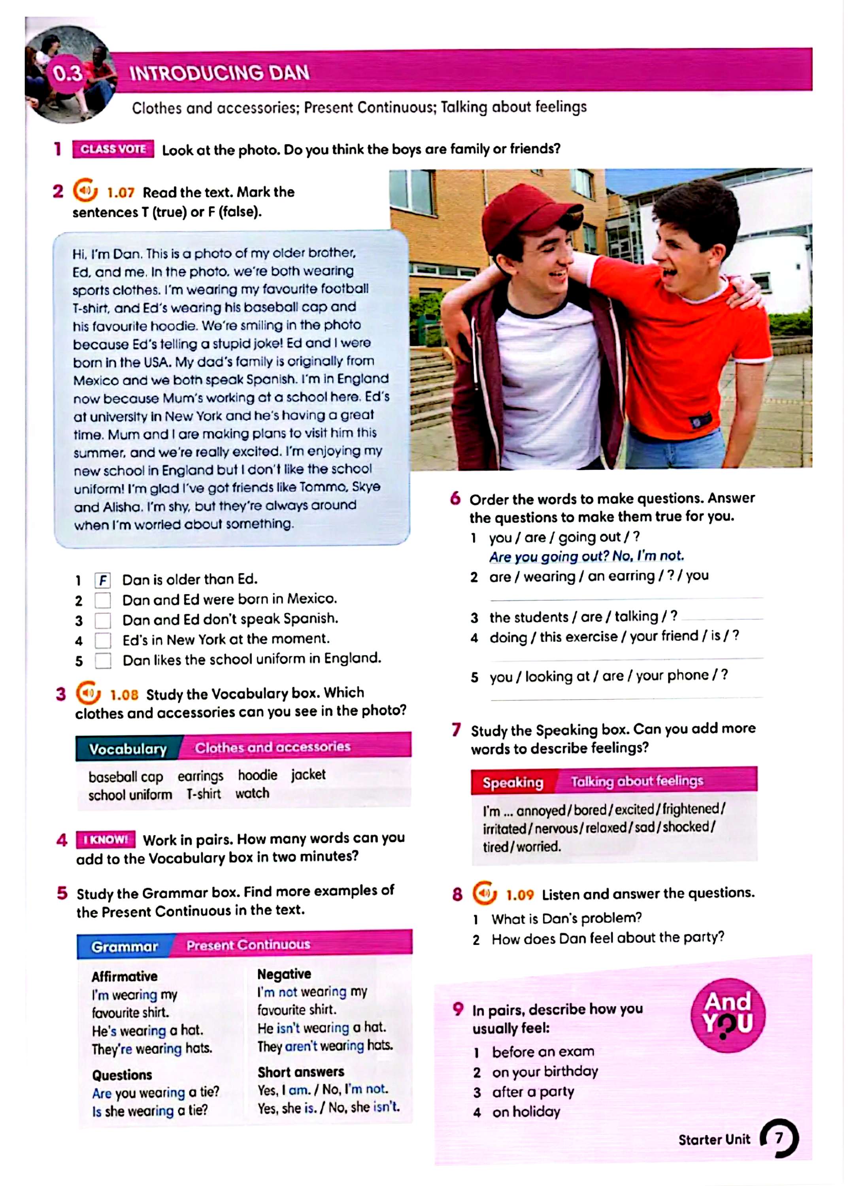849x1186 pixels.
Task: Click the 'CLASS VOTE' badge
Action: (113, 149)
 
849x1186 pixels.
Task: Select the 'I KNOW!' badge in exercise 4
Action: (106, 840)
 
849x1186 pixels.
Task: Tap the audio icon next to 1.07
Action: (85, 191)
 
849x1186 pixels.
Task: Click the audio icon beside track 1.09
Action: (485, 893)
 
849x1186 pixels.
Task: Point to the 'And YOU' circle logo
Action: (727, 1015)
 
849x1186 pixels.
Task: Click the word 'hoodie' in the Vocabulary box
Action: (257, 774)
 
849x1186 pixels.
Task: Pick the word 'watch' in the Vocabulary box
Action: (252, 793)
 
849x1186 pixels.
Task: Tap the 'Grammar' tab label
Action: (125, 946)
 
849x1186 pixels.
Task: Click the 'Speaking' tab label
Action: (513, 782)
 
